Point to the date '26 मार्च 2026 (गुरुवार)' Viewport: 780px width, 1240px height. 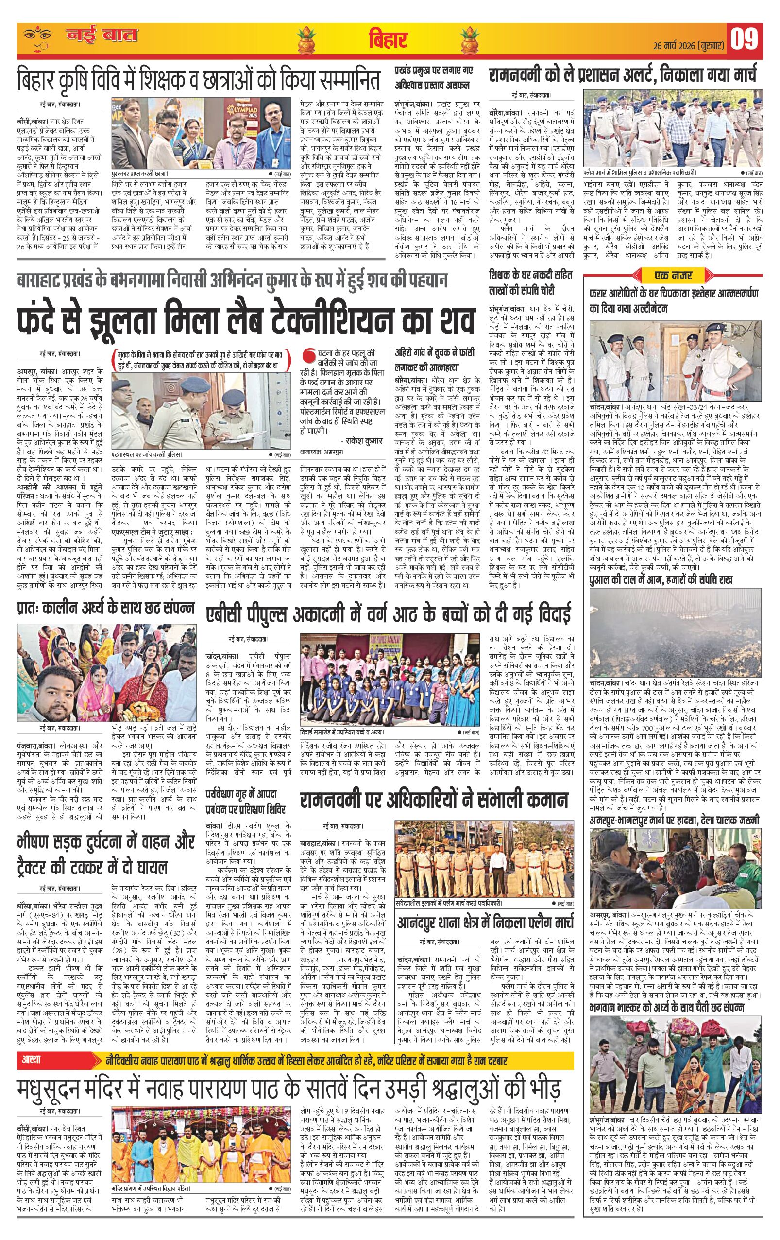pos(691,44)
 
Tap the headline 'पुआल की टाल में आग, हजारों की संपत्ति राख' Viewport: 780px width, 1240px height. pos(661,580)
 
